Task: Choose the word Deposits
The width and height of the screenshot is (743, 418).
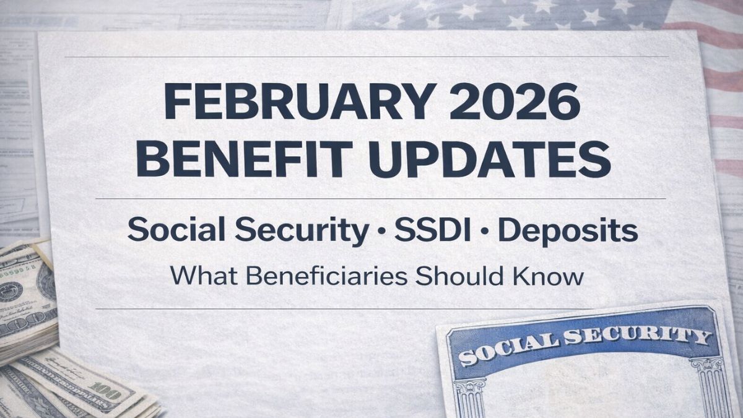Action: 568,230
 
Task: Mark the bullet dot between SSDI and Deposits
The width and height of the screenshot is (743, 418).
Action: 487,232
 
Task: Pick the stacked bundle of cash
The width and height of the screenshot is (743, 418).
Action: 25,297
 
